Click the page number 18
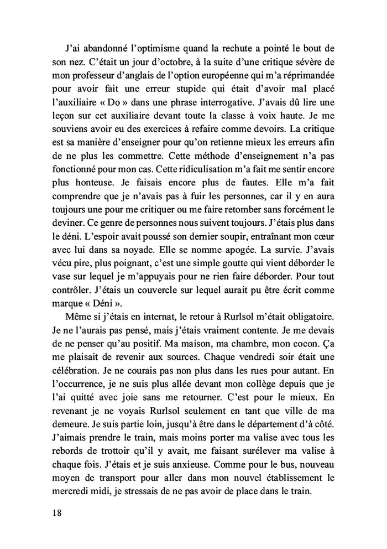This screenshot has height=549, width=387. coord(54,512)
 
